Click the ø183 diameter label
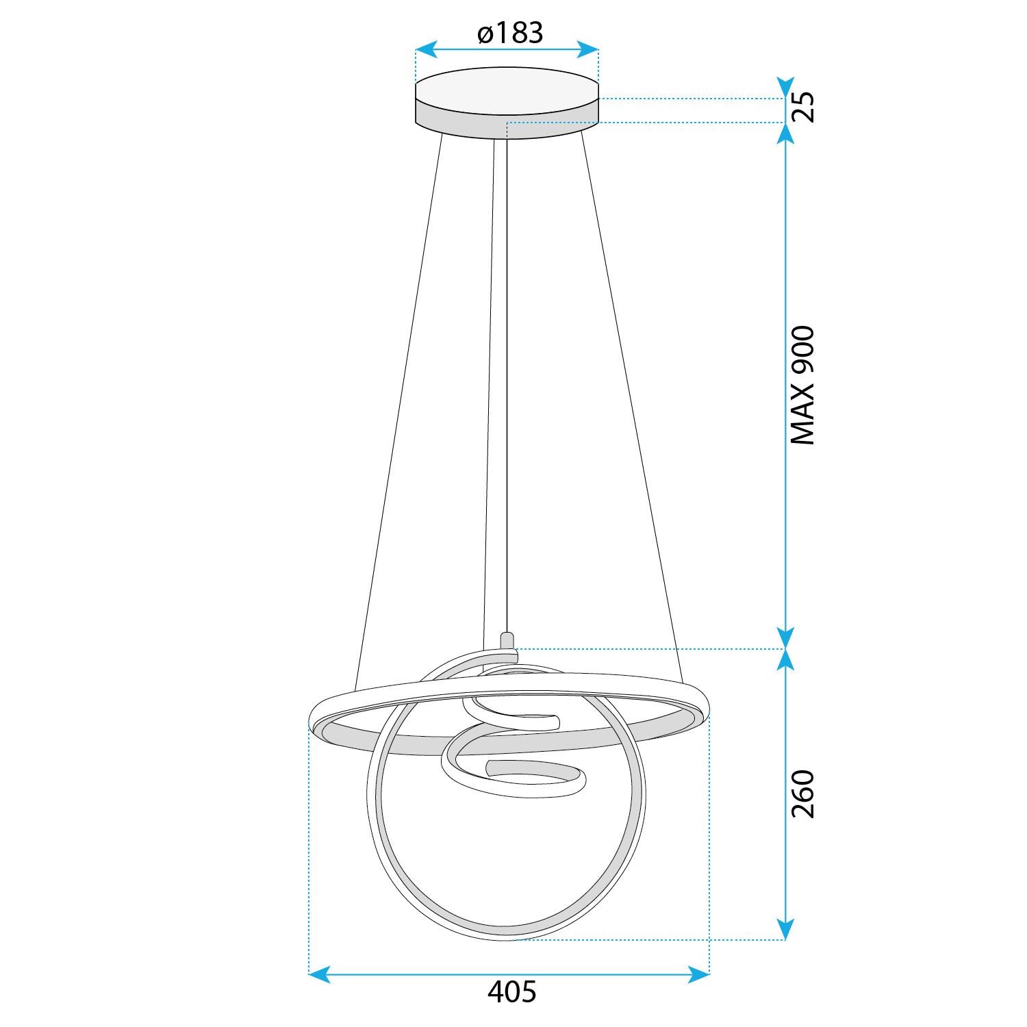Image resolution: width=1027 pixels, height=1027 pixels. [510, 32]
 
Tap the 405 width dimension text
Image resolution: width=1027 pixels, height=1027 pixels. [511, 992]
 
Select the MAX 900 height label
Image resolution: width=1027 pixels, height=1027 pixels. [802, 385]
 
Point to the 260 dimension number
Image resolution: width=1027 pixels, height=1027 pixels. [802, 794]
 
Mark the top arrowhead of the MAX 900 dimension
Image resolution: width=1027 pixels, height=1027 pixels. [786, 134]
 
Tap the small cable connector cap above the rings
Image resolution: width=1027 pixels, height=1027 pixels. [507, 640]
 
